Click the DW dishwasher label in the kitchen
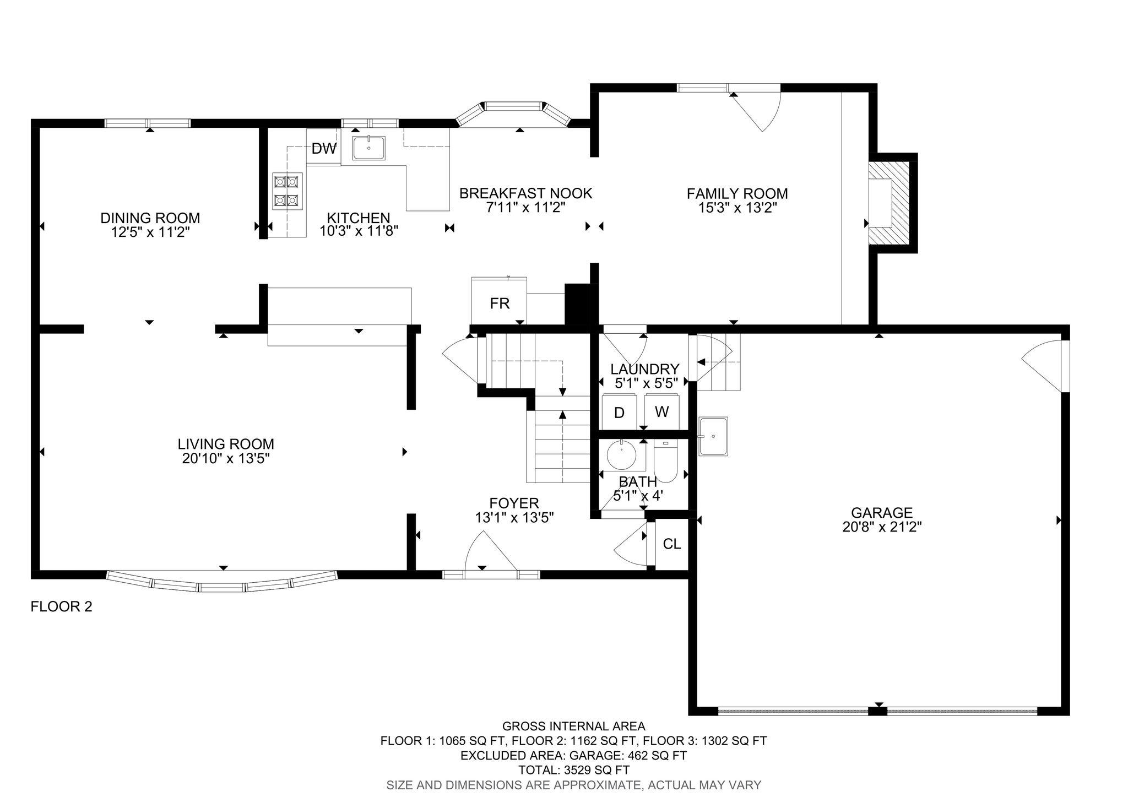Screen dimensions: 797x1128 click(323, 148)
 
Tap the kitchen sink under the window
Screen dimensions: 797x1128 click(368, 148)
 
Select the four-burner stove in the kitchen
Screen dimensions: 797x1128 click(288, 190)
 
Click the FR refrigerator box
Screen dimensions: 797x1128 click(499, 303)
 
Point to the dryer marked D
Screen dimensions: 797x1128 click(619, 413)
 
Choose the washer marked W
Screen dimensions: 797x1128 click(661, 411)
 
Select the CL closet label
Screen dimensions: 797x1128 click(671, 544)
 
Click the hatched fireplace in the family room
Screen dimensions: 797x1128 click(892, 203)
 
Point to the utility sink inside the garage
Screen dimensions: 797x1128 click(713, 436)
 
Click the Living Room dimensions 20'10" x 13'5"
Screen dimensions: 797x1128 click(225, 458)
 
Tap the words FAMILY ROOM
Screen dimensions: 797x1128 click(737, 193)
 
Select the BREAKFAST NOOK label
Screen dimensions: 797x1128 click(525, 193)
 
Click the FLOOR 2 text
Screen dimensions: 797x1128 click(61, 607)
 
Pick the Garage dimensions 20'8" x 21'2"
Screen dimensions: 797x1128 click(882, 527)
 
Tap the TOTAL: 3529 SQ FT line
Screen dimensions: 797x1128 click(573, 770)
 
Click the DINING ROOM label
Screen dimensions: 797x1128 click(150, 218)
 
